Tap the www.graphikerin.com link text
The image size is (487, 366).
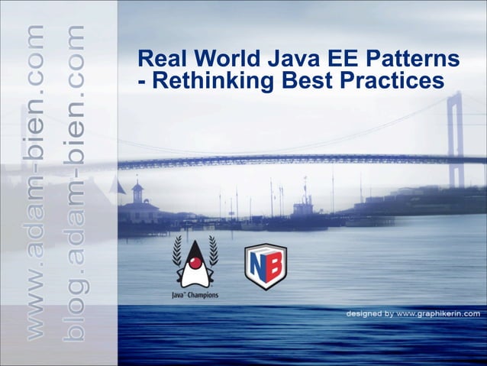point(438,313)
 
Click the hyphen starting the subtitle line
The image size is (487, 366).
point(135,81)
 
